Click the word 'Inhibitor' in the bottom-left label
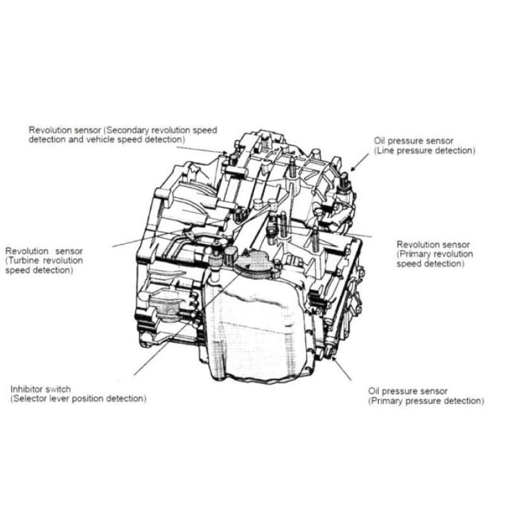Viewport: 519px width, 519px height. pos(26,389)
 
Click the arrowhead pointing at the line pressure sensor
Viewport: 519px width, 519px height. pos(353,169)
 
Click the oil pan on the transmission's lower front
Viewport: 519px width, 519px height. pos(256,328)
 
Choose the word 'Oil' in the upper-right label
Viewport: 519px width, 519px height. pos(380,141)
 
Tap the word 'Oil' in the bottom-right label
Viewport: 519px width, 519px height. pos(374,391)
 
